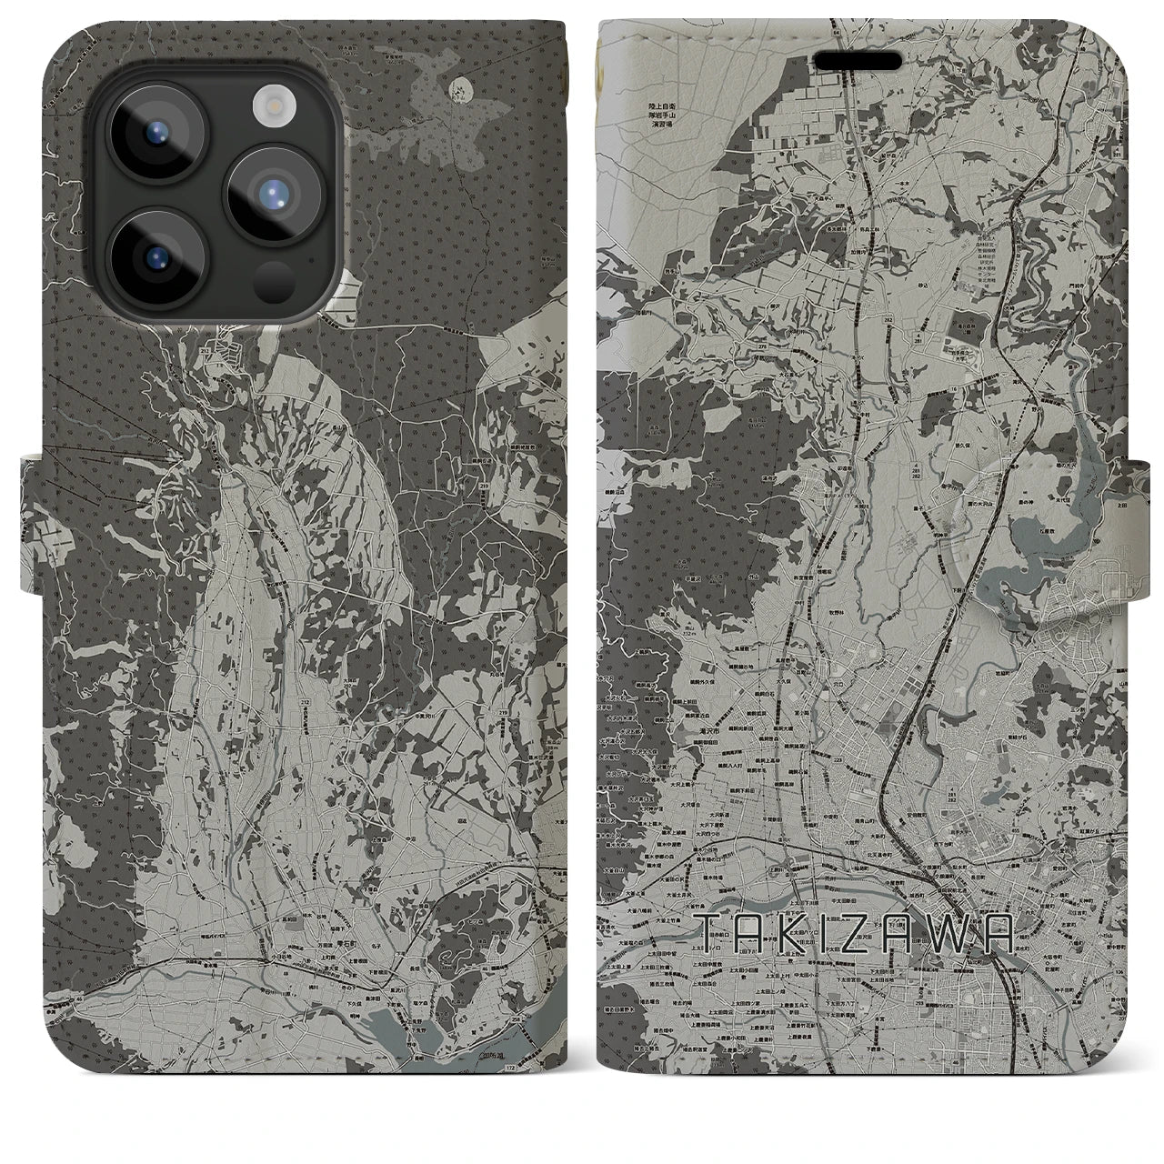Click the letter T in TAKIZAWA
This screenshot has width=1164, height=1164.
point(709,933)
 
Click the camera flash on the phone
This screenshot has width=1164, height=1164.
point(271,105)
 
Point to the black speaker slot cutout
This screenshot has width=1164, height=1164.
point(858,60)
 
